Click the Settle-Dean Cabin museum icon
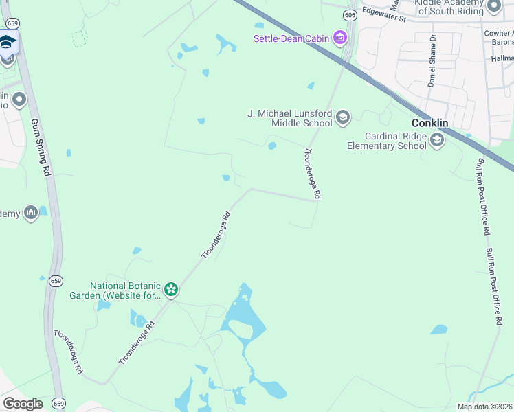click(x=339, y=37)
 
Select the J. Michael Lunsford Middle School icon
click(x=343, y=118)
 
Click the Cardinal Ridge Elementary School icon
click(x=436, y=141)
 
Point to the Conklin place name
click(x=429, y=123)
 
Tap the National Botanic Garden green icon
click(x=171, y=290)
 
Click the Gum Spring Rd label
click(x=42, y=148)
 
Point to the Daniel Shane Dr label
click(x=432, y=60)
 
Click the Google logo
click(x=23, y=403)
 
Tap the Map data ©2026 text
click(x=484, y=407)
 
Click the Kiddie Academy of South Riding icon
click(x=493, y=7)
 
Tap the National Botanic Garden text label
click(x=126, y=290)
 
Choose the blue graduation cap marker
click(x=8, y=43)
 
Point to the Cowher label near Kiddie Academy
click(x=498, y=32)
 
